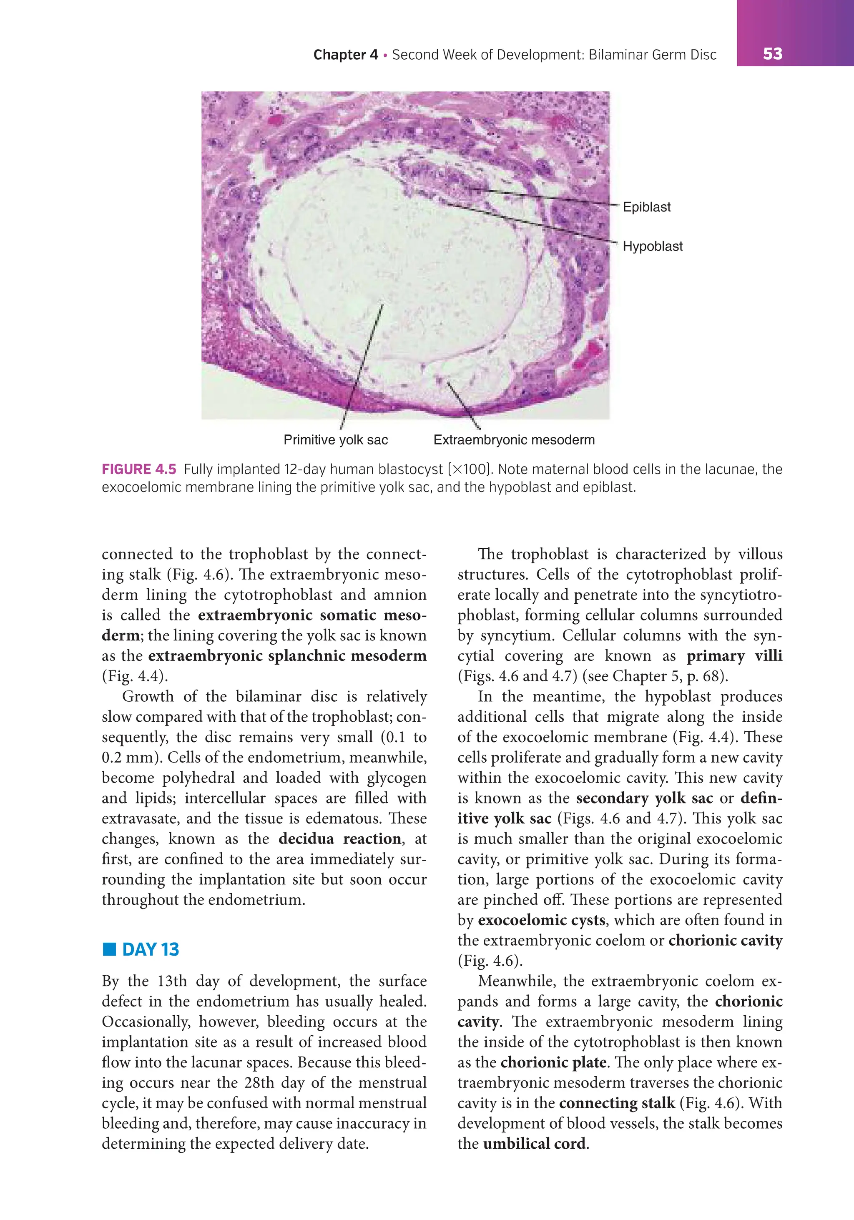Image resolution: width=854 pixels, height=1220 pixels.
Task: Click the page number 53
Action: pos(772,54)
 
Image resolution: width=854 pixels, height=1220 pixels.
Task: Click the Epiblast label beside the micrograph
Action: pos(646,207)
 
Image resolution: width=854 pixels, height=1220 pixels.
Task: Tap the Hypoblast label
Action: pos(652,246)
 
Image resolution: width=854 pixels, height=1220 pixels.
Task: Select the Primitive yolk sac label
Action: pos(335,440)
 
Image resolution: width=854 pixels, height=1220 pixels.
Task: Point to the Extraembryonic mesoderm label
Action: pos(514,440)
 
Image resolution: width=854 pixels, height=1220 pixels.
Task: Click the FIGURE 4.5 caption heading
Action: pos(139,469)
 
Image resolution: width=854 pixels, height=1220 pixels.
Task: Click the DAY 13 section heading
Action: pos(151,949)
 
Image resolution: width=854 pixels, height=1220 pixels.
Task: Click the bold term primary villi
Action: pos(734,656)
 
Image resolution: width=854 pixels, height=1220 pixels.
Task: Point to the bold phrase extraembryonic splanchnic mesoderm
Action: pos(287,656)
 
